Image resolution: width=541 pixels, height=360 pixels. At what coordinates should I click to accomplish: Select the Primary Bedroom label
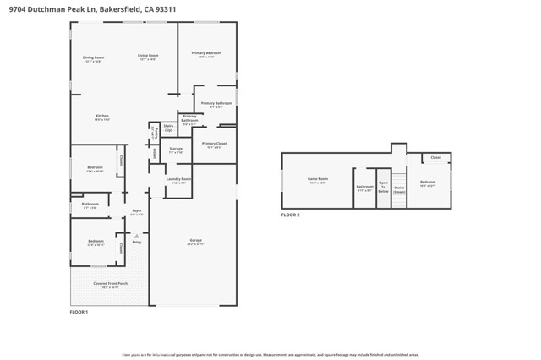tap(206, 54)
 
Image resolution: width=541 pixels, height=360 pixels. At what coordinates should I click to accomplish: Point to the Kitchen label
tap(101, 117)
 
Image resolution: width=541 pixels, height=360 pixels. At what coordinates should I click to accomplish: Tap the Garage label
tap(194, 243)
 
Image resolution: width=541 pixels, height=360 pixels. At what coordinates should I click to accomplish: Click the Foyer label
tap(136, 213)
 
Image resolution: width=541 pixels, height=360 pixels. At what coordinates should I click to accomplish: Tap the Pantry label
tap(154, 132)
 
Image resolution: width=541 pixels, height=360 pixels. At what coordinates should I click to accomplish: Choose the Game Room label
tap(317, 180)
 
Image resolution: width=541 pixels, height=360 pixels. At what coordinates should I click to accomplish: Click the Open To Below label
tap(383, 187)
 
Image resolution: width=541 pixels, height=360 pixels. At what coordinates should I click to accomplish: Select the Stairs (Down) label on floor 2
tap(399, 189)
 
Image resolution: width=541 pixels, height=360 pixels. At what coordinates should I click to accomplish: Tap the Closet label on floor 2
tap(435, 158)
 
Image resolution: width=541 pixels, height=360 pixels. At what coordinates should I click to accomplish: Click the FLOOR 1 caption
tap(78, 313)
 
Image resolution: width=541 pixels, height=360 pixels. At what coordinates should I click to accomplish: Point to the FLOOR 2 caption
tap(290, 215)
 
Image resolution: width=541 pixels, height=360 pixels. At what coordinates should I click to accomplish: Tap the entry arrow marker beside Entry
tap(128, 243)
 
